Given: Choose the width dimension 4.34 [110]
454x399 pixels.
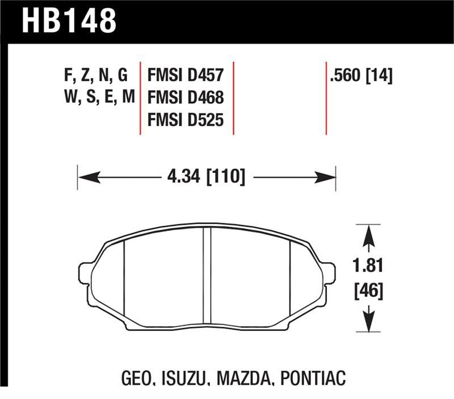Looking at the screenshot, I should pyautogui.click(x=206, y=177).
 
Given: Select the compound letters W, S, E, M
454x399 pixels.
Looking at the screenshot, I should pyautogui.click(x=96, y=97).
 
